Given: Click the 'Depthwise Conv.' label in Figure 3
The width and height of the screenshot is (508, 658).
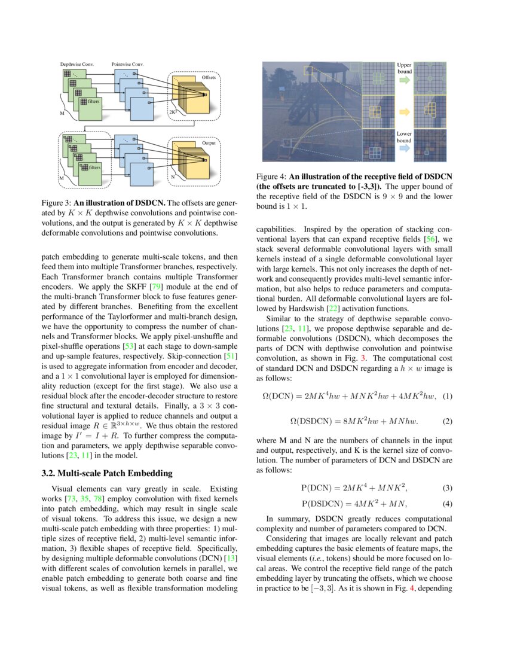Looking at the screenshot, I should [76, 63].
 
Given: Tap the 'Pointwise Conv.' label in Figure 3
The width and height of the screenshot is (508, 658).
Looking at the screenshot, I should [127, 63].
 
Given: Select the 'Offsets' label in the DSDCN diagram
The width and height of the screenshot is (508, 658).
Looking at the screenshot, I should [209, 77].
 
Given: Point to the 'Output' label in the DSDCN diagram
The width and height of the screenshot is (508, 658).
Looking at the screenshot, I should [209, 143].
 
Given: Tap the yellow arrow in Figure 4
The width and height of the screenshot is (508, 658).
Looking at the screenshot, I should [404, 112].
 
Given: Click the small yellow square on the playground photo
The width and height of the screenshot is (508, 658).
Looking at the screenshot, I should [308, 71].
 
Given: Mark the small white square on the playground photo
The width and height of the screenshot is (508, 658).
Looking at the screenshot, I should [287, 142].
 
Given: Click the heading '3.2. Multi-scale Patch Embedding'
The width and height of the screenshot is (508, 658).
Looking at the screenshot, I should [107, 473].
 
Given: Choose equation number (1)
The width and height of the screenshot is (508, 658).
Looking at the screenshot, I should [447, 395].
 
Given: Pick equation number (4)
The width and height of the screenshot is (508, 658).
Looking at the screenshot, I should [447, 503].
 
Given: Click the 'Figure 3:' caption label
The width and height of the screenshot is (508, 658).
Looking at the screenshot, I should [57, 204].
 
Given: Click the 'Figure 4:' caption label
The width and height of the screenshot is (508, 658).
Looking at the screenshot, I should [272, 176].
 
